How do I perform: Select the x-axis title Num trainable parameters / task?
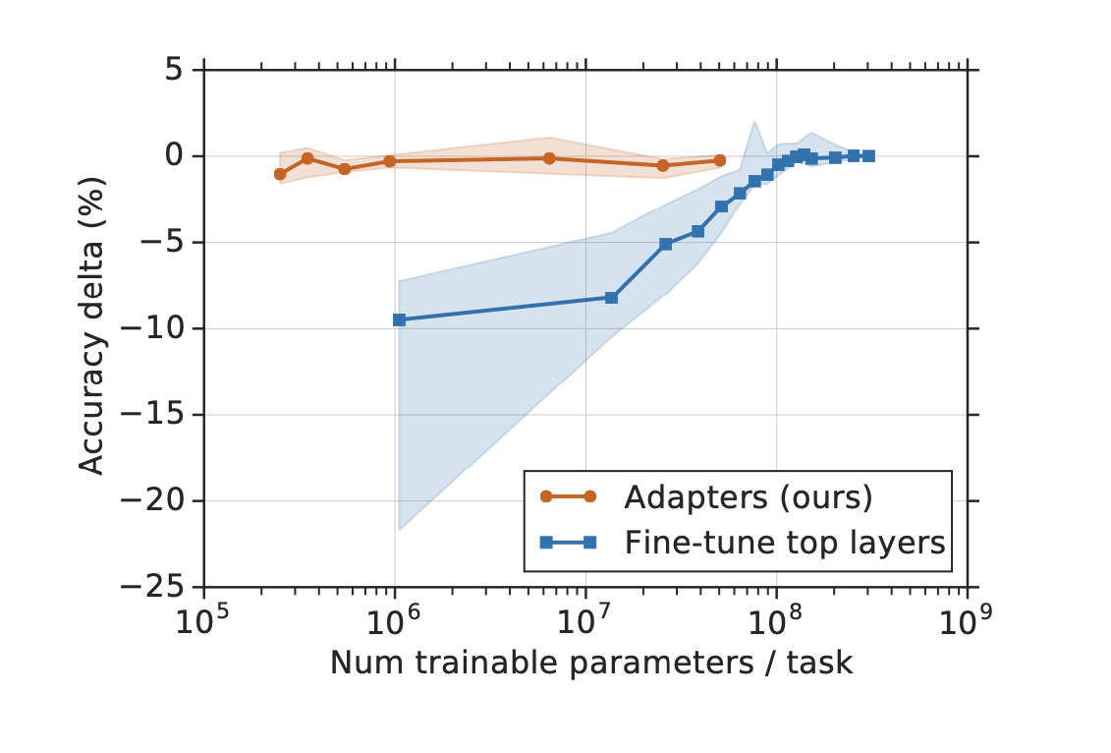[x=591, y=663]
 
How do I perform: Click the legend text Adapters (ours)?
[x=748, y=497]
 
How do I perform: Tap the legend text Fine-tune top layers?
[x=784, y=542]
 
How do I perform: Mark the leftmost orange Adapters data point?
[x=280, y=174]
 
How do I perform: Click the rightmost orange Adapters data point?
[x=719, y=160]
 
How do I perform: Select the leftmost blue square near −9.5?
[x=399, y=319]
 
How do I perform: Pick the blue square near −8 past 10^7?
[x=611, y=297]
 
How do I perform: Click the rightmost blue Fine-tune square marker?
[x=868, y=155]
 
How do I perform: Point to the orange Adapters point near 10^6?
[x=389, y=160]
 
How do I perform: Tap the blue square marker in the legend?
[x=575, y=542]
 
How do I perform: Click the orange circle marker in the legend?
[x=575, y=497]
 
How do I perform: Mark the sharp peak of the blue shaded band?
[x=753, y=121]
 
